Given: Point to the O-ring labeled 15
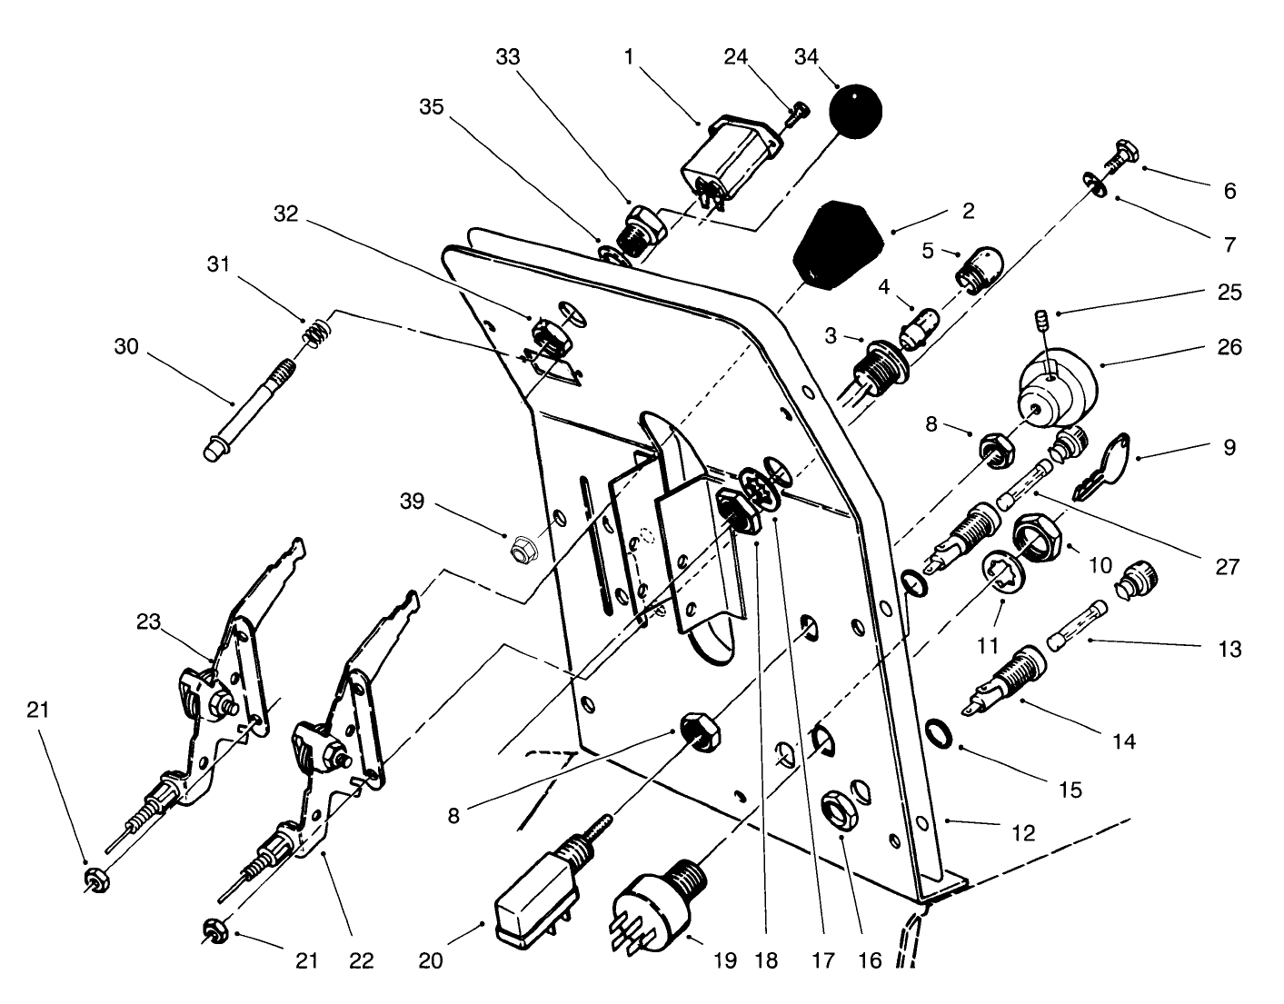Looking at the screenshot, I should tap(937, 731).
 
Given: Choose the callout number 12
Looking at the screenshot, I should tap(1024, 832).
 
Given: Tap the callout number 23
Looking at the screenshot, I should tap(149, 622).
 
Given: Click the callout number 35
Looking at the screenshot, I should tap(432, 106).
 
